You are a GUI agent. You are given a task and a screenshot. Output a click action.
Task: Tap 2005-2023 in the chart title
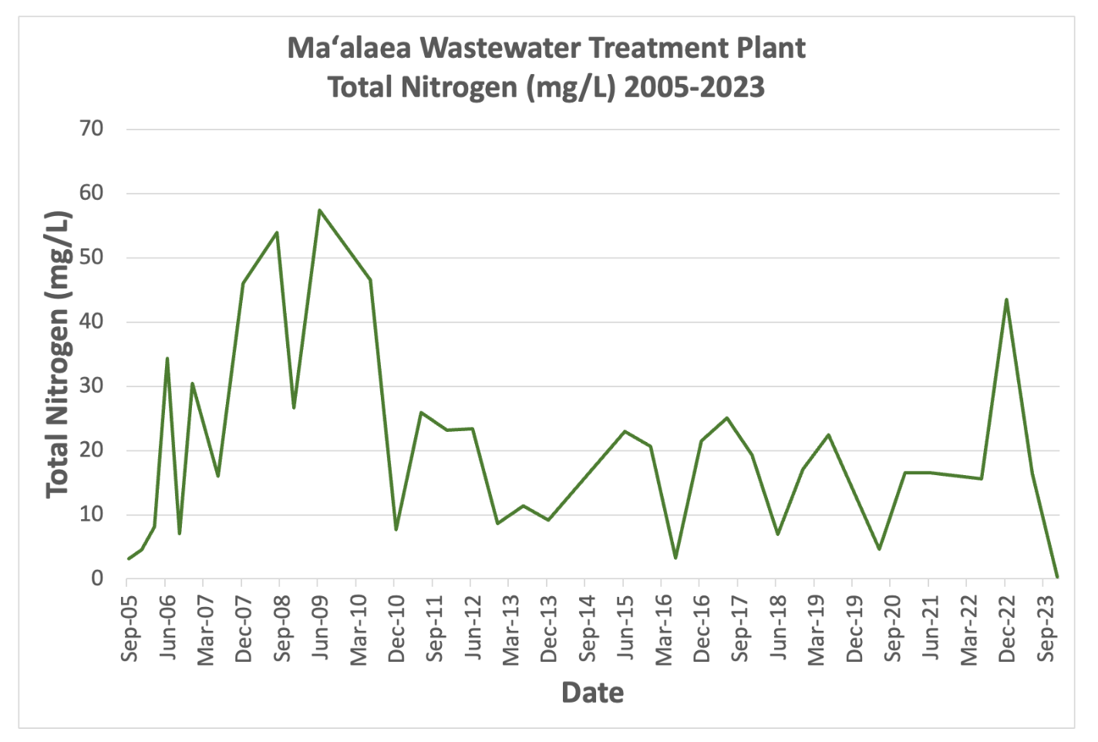pyautogui.click(x=694, y=87)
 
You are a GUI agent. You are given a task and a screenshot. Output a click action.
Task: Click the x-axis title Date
pyautogui.click(x=592, y=692)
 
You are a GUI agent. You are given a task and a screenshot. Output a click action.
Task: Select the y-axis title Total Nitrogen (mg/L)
pyautogui.click(x=58, y=355)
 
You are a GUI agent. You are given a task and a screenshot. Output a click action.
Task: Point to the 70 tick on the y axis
pyautogui.click(x=91, y=129)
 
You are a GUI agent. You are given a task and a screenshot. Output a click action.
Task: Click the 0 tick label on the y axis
pyautogui.click(x=97, y=578)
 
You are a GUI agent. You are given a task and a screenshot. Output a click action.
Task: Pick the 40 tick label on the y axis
pyautogui.click(x=91, y=322)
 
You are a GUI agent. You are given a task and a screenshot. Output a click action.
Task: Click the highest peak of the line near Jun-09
pyautogui.click(x=319, y=210)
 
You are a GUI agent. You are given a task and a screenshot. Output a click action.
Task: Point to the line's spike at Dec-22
pyautogui.click(x=1006, y=299)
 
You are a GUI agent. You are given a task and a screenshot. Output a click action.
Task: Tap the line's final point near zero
pyautogui.click(x=1057, y=576)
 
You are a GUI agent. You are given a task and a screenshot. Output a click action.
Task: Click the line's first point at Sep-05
pyautogui.click(x=128, y=558)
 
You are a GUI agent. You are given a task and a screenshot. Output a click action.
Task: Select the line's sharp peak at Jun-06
pyautogui.click(x=167, y=359)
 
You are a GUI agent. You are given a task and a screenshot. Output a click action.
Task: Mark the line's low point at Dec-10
pyautogui.click(x=396, y=529)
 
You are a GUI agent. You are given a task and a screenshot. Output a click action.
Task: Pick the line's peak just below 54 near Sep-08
pyautogui.click(x=277, y=232)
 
